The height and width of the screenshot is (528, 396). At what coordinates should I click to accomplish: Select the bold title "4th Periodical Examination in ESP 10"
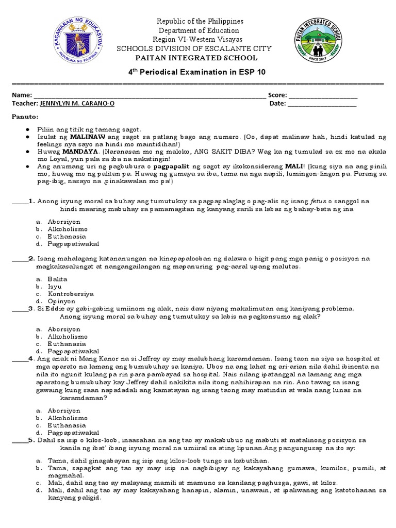(197, 72)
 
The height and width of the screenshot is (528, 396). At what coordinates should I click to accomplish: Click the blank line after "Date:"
(321, 105)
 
